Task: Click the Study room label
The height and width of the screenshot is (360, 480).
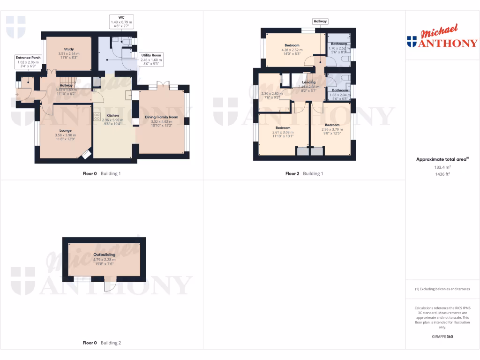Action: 72,49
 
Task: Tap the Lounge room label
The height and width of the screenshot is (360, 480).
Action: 65,130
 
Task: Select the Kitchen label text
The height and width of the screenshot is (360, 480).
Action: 112,115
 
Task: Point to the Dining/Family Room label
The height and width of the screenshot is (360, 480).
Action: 162,117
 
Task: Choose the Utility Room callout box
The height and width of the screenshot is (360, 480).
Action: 151,58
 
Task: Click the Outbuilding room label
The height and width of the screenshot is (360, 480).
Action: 104,255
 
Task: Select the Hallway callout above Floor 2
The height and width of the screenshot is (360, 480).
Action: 321,21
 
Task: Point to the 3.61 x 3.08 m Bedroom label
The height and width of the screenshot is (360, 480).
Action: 283,128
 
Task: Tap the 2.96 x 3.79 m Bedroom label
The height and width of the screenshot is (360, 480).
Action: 332,125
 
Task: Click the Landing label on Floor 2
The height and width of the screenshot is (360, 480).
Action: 308,82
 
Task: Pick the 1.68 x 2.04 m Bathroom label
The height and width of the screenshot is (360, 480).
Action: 340,90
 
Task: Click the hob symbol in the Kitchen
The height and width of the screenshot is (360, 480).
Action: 97,115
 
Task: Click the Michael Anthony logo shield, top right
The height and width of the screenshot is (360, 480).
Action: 412,42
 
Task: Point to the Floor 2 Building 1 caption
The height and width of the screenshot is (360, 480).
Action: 304,173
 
